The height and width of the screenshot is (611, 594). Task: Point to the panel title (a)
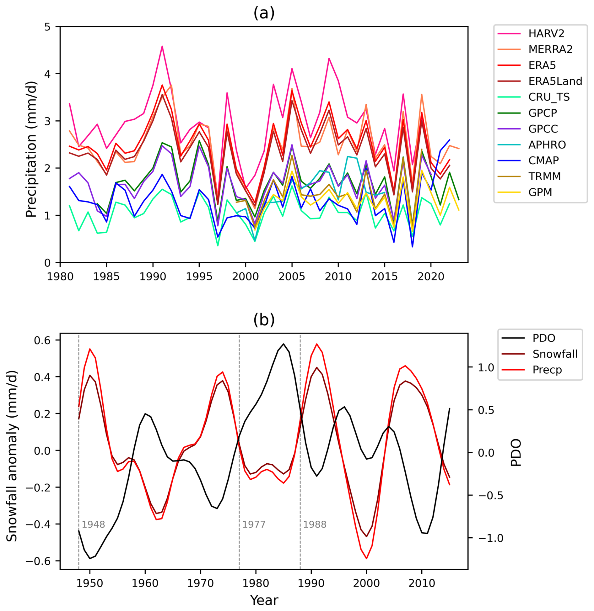[264, 13]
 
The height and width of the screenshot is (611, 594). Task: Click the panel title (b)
[264, 320]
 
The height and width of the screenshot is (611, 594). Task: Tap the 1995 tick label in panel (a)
[199, 277]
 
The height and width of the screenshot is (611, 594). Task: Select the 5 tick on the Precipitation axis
[47, 27]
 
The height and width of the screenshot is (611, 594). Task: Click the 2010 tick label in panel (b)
[421, 583]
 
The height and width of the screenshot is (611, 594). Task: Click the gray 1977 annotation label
[254, 524]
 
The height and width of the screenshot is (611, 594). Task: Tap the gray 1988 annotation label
[315, 524]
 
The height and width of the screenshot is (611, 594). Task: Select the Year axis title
[264, 600]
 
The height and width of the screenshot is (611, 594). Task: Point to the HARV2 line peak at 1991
[162, 46]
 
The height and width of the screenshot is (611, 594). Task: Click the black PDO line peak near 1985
[283, 344]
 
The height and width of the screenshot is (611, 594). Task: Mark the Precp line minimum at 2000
[366, 558]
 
